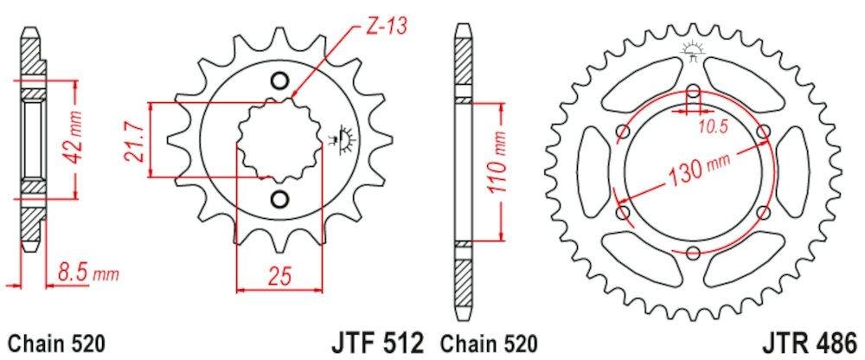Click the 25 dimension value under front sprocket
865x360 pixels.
click(x=278, y=276)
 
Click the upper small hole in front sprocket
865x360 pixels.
click(x=279, y=81)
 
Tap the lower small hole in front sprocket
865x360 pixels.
click(x=279, y=200)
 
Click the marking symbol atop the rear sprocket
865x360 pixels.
click(x=693, y=51)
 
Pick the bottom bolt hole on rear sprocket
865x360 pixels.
click(x=695, y=252)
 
